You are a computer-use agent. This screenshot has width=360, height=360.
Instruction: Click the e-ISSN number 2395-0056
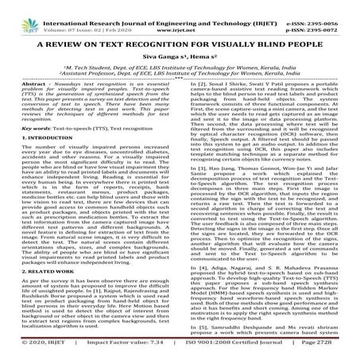coord(335,6)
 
